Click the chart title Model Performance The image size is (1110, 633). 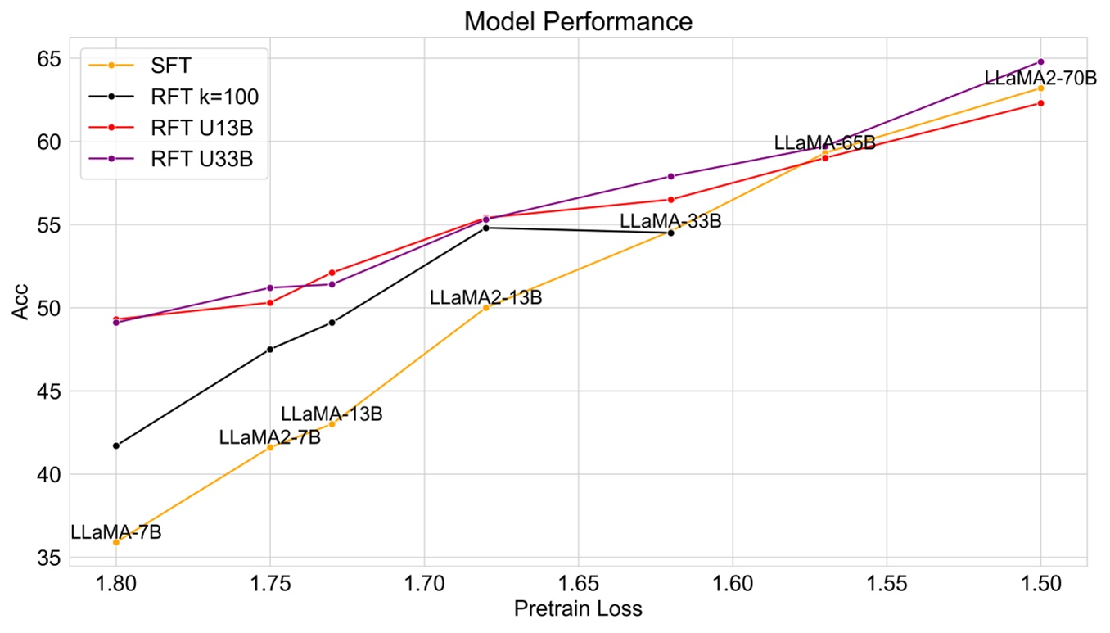coord(578,21)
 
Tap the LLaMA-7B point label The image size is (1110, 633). coord(115,531)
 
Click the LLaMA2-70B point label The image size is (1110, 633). coord(1040,79)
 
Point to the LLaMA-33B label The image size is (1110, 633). coord(670,221)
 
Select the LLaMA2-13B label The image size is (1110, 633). coord(485,298)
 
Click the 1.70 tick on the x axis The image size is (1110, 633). coord(424,583)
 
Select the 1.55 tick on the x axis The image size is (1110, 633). coord(887,583)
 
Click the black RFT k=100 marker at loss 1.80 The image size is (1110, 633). coord(116,445)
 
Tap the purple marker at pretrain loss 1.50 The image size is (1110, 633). coord(1040,61)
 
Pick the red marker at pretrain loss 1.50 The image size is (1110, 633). coord(1040,103)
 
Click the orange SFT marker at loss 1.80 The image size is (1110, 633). coord(116,542)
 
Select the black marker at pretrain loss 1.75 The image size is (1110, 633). coord(270,349)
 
